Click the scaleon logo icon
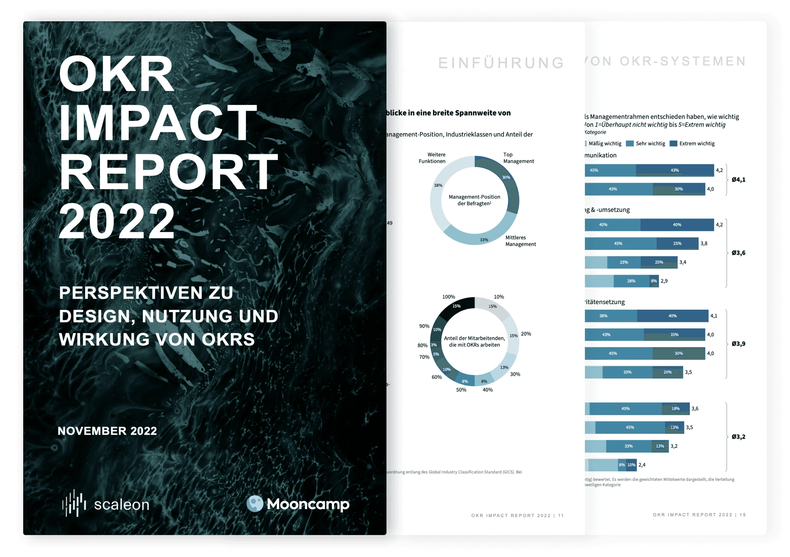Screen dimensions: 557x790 click(x=74, y=503)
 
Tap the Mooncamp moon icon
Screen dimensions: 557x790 click(x=255, y=504)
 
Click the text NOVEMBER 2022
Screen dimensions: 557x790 click(x=107, y=431)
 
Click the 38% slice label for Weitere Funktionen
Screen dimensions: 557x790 click(x=438, y=185)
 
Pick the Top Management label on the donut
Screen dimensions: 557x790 click(x=518, y=158)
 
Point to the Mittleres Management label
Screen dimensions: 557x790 click(x=520, y=241)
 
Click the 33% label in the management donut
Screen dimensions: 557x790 click(x=484, y=240)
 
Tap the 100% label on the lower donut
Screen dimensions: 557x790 click(x=448, y=297)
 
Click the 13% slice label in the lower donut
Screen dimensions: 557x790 click(x=504, y=367)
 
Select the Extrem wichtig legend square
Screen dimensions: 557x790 click(x=673, y=143)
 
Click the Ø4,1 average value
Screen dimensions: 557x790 click(x=738, y=179)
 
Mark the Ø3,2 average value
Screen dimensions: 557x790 click(x=738, y=437)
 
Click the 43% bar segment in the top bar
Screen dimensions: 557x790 click(x=674, y=170)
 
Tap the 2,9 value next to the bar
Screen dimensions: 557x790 click(x=664, y=281)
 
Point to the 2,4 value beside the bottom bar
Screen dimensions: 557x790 click(x=642, y=465)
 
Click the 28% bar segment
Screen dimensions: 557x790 click(x=631, y=281)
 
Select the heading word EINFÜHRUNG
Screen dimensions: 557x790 click(x=501, y=63)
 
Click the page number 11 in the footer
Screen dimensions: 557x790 click(x=561, y=516)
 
